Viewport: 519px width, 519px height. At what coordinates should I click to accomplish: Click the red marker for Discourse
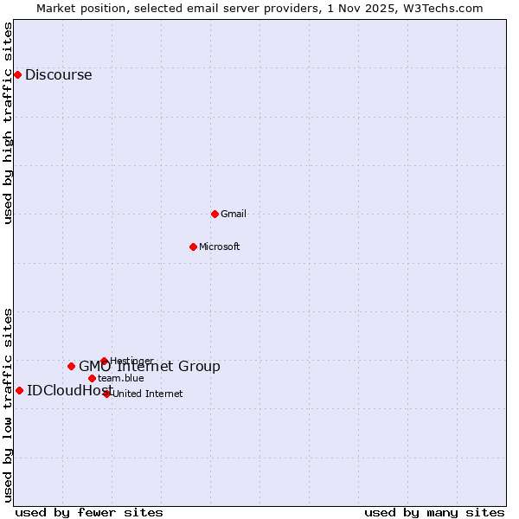[x=17, y=74]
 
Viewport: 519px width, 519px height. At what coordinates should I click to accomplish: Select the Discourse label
[x=58, y=74]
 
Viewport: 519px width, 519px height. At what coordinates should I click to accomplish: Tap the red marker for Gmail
[x=215, y=214]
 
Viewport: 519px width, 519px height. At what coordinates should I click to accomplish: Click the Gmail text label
[x=234, y=214]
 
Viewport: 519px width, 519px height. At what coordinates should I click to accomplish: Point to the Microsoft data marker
[x=193, y=247]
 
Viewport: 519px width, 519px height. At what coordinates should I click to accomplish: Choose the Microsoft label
[x=219, y=247]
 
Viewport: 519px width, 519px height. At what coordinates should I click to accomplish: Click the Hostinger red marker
[x=104, y=361]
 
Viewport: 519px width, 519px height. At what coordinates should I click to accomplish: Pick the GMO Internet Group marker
[x=71, y=366]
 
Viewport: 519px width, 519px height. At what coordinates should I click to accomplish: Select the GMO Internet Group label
[x=150, y=367]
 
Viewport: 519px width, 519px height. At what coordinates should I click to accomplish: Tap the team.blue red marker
[x=92, y=378]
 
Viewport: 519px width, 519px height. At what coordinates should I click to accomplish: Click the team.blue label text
[x=120, y=378]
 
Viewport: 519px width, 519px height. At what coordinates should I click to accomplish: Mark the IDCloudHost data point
[x=19, y=390]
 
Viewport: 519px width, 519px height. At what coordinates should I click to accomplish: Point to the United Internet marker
[x=107, y=394]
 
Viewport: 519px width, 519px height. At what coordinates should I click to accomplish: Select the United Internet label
[x=147, y=394]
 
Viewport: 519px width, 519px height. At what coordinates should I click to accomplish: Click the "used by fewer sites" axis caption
[x=89, y=512]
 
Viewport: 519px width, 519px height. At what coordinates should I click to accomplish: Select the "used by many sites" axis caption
[x=434, y=512]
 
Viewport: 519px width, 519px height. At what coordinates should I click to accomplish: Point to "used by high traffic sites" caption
[x=8, y=123]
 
